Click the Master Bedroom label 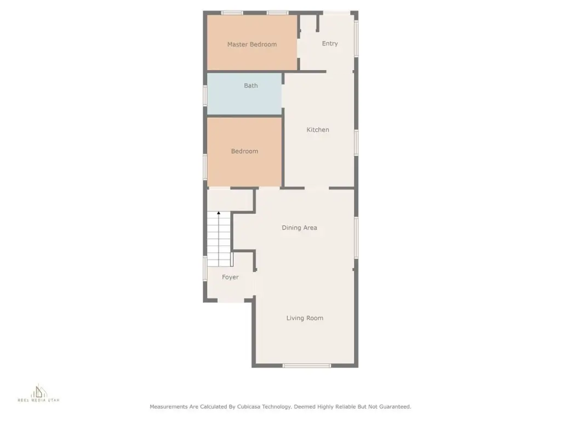point(252,44)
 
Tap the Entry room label point(330,43)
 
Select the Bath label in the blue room point(251,86)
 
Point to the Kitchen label point(318,129)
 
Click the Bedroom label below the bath point(245,151)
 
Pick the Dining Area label point(300,227)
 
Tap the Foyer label point(230,277)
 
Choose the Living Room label point(305,318)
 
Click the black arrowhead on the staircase point(219,213)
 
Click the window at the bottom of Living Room point(307,366)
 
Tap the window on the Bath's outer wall point(205,95)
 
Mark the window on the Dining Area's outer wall point(356,238)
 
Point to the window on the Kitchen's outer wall point(356,143)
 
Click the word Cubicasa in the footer point(249,407)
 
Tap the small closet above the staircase point(230,200)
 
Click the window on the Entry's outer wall point(356,38)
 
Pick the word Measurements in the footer point(169,407)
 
